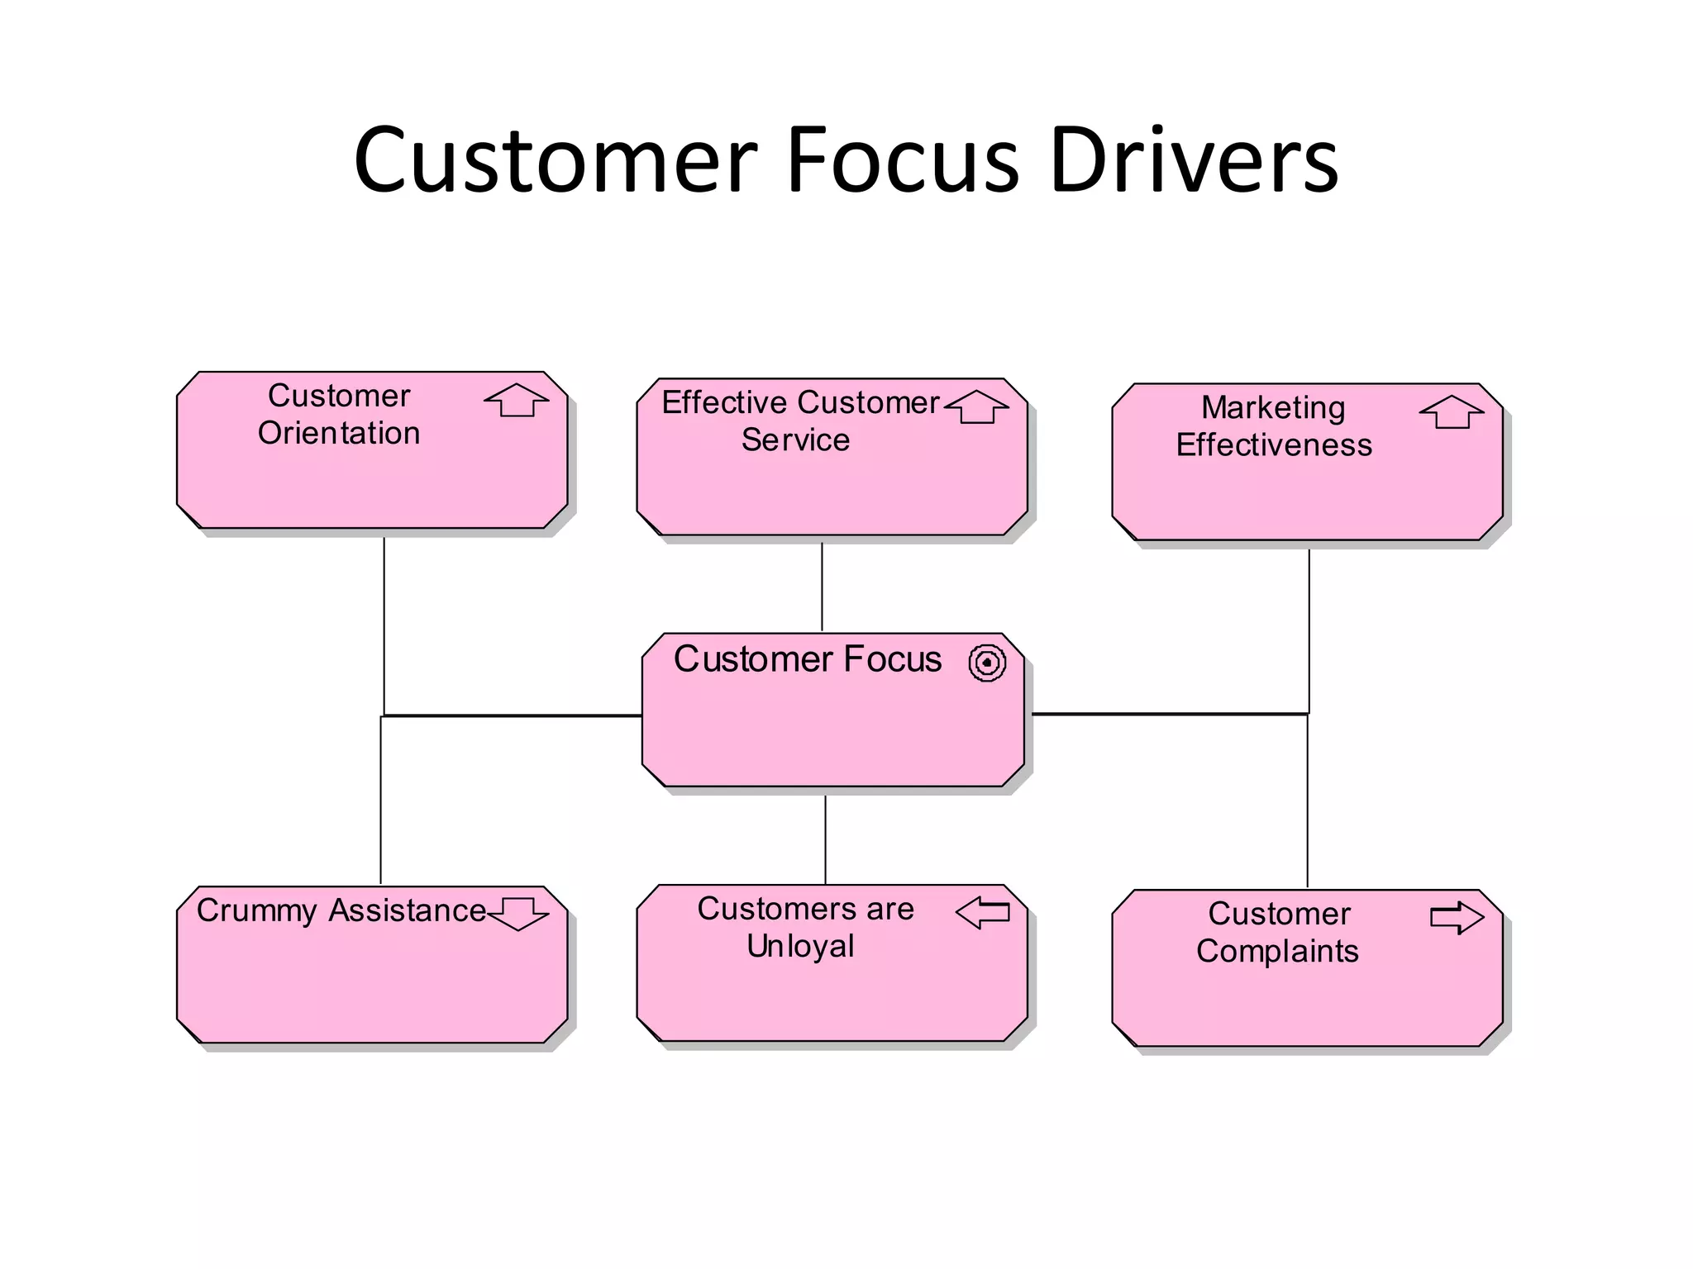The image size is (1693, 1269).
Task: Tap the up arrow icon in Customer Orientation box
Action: [517, 401]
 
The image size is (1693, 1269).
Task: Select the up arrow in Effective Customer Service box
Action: [977, 407]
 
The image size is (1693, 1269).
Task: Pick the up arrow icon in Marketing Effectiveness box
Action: [1452, 412]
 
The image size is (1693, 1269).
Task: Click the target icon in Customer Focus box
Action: [987, 663]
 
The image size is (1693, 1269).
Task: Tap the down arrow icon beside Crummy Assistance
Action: [518, 914]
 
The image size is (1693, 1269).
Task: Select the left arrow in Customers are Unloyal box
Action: [983, 912]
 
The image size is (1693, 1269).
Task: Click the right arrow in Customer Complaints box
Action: [1457, 917]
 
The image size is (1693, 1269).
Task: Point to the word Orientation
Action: [339, 433]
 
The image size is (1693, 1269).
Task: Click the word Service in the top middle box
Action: [795, 440]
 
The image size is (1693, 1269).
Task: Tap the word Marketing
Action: [1273, 407]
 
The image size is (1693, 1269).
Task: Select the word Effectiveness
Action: [1274, 444]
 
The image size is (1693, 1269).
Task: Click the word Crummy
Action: [256, 910]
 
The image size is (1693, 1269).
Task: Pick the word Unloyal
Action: [800, 946]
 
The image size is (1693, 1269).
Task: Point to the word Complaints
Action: [1277, 951]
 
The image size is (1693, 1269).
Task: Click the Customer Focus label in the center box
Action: [808, 659]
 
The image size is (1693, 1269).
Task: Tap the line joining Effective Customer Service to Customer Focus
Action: [822, 587]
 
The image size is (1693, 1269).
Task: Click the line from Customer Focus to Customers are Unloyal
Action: [825, 839]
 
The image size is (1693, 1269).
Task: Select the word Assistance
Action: [408, 910]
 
